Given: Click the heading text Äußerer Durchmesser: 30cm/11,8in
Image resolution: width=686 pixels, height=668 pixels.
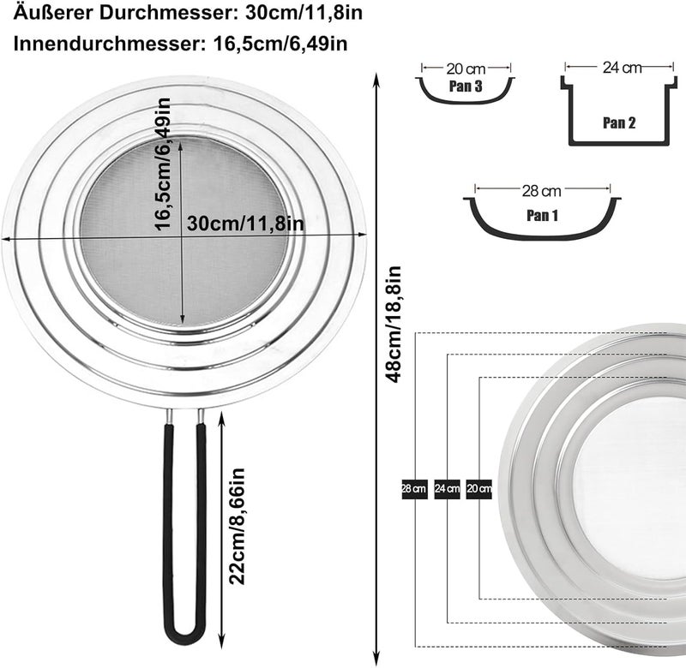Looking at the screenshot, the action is coord(188,12).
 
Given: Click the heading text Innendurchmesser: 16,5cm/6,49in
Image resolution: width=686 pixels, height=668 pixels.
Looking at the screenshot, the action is coord(181,44).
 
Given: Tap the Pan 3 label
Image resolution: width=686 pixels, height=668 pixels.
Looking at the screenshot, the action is coord(466,86).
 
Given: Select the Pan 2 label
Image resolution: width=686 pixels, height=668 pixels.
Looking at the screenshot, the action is coord(618,122).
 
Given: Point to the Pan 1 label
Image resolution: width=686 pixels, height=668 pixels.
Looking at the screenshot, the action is coord(543,215).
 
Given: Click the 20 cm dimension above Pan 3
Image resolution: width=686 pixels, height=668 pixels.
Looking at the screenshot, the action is coord(466,69).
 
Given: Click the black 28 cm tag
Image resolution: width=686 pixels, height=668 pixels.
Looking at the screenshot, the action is coord(414,488).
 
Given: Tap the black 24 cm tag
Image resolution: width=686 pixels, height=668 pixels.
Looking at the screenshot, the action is coord(447,488).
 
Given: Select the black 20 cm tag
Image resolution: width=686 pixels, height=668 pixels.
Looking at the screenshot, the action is coord(479,488).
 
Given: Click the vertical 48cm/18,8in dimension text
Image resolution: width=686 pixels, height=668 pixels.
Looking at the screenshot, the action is coord(393,324).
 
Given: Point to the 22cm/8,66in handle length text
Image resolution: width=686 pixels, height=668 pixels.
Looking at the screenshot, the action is coord(237,526).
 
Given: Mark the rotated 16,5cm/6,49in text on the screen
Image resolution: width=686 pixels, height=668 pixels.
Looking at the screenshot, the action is coord(162,164).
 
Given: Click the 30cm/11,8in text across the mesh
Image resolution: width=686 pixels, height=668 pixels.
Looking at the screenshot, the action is coord(245,224).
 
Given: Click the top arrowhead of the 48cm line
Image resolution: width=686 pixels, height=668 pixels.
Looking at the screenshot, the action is coord(376,78).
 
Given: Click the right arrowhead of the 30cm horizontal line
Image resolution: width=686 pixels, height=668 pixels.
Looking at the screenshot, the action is coord(362,235).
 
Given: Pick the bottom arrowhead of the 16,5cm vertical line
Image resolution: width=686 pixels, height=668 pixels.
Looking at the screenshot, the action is coord(182,321).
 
